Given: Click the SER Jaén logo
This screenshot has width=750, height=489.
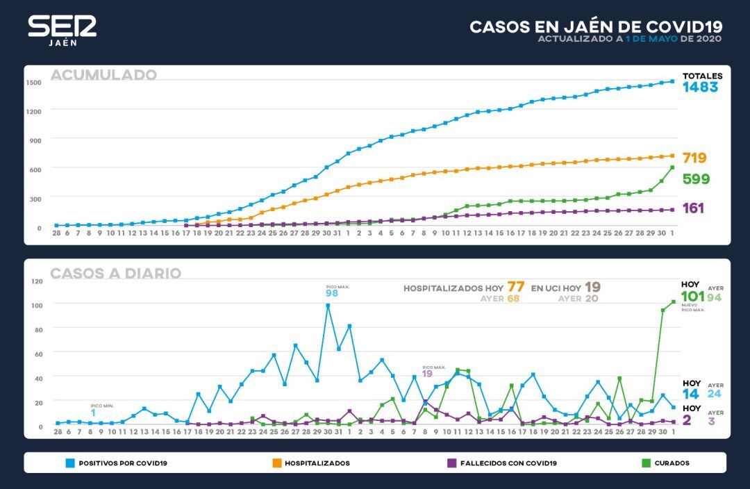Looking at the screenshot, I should click(62, 30).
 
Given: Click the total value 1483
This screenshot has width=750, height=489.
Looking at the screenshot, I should click(699, 88).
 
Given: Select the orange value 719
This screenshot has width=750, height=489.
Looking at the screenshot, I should click(694, 158).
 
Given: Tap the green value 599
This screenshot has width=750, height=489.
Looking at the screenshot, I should click(696, 179).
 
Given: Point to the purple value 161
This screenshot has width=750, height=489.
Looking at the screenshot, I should click(692, 208).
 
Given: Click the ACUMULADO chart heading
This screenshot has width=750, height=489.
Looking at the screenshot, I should click(103, 75).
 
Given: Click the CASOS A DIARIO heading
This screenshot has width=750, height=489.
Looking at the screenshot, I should click(115, 274).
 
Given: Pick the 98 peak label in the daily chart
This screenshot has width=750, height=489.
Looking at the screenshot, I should click(333, 294).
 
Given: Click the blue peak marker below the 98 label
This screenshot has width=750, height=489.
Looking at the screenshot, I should click(328, 306).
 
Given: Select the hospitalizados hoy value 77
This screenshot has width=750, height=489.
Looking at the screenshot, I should click(515, 287).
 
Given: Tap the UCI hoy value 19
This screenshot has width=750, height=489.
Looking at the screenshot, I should click(592, 287).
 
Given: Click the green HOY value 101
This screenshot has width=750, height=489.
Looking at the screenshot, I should click(692, 297).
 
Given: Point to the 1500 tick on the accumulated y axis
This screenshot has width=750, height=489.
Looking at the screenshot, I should click(34, 82).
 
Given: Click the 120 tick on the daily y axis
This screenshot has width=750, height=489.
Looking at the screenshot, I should click(37, 281).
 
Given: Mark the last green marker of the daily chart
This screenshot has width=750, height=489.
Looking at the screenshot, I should click(673, 301).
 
